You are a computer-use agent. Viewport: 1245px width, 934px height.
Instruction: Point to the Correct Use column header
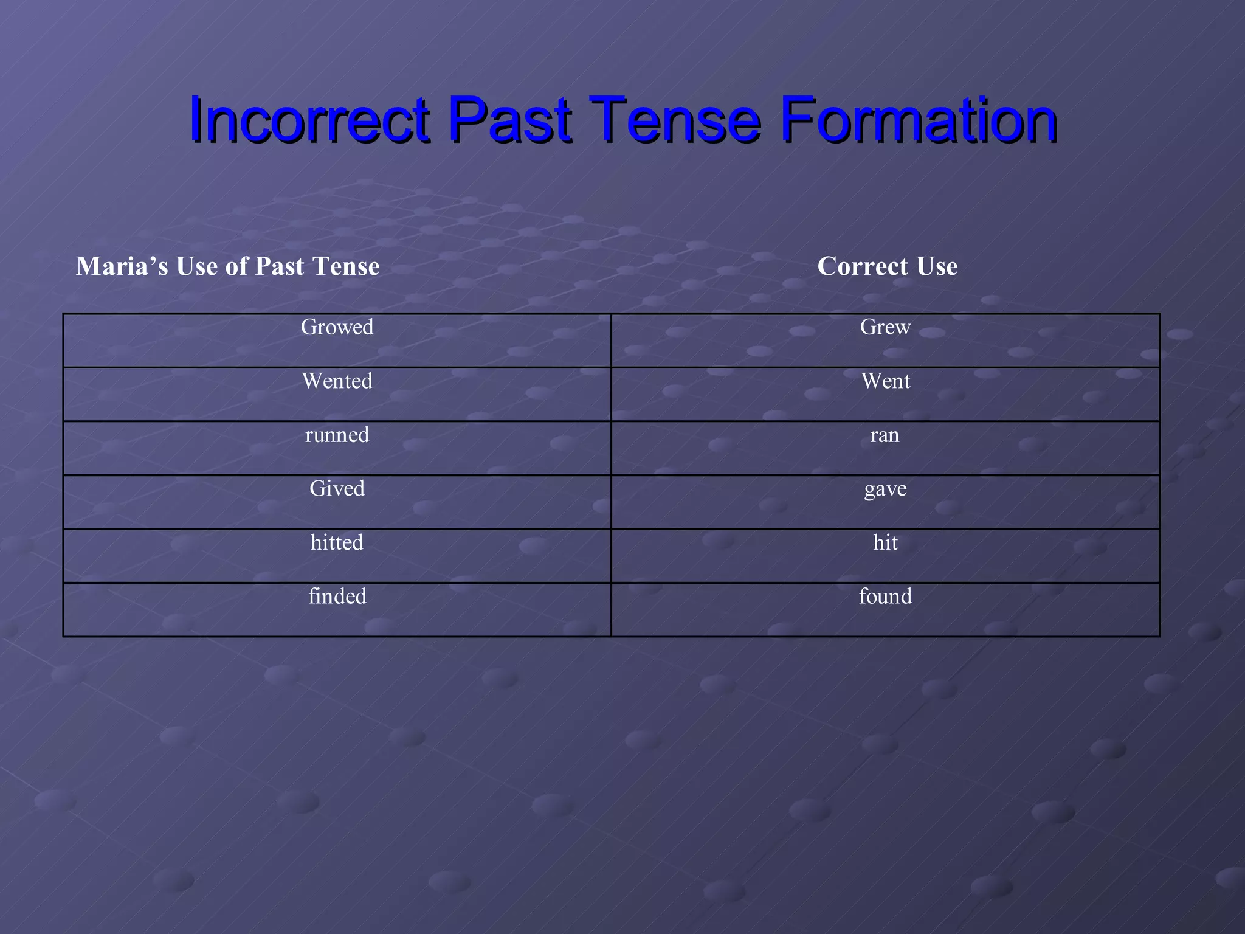tap(887, 266)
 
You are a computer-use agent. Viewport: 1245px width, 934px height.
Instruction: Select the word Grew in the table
tap(885, 328)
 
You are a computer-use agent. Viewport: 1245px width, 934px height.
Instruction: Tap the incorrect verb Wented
tap(337, 381)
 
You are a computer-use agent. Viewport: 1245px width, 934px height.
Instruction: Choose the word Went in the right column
tap(885, 381)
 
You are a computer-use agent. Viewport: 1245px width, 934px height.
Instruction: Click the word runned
tap(337, 435)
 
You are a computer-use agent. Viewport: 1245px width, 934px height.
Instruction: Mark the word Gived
tap(337, 489)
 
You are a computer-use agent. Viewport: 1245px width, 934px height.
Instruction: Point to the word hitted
tap(337, 542)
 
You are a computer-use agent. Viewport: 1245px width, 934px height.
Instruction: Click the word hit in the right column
tap(885, 542)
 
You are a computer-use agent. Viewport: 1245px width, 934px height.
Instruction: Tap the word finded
tap(337, 597)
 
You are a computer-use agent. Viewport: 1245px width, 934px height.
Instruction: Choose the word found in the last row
tap(885, 597)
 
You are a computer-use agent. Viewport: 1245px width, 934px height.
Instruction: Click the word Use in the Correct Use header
tap(936, 266)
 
